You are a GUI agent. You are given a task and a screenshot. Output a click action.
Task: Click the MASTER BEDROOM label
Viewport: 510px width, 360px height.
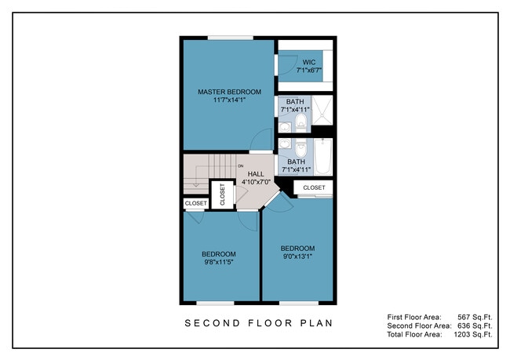coord(229,92)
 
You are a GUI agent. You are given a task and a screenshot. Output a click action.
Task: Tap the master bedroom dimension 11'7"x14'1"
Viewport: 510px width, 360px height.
coord(229,100)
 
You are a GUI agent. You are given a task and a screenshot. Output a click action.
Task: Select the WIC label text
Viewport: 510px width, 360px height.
coord(308,62)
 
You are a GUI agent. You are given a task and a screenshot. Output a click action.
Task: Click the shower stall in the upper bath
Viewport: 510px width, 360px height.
coord(322,110)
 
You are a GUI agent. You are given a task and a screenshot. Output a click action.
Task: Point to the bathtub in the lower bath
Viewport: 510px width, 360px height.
coord(323,157)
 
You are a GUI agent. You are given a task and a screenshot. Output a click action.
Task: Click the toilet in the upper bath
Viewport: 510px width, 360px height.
coord(301,121)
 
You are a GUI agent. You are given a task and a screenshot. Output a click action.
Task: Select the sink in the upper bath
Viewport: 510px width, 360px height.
coord(286,127)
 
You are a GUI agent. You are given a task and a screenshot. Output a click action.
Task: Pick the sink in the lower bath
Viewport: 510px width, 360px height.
coord(286,144)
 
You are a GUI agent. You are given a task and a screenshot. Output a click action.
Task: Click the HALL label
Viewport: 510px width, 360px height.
coord(256,174)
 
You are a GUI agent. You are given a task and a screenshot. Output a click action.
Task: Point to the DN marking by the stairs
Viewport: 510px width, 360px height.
coord(241,166)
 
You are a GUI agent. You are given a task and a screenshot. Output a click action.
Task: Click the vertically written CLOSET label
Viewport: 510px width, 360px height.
coord(223,195)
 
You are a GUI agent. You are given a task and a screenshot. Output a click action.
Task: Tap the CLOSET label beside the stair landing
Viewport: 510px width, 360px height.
coord(196,203)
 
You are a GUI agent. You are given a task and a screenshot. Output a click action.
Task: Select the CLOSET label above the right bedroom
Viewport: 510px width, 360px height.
coord(314,187)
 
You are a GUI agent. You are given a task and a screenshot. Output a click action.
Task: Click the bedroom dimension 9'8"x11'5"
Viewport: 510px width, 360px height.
coord(219,262)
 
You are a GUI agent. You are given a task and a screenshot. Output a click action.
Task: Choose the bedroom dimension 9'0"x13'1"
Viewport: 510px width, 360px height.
coord(297,256)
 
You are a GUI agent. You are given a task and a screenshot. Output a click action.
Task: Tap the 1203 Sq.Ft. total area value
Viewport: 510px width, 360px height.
coord(473,334)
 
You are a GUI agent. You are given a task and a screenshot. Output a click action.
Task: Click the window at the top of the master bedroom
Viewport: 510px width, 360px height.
coord(231,38)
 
